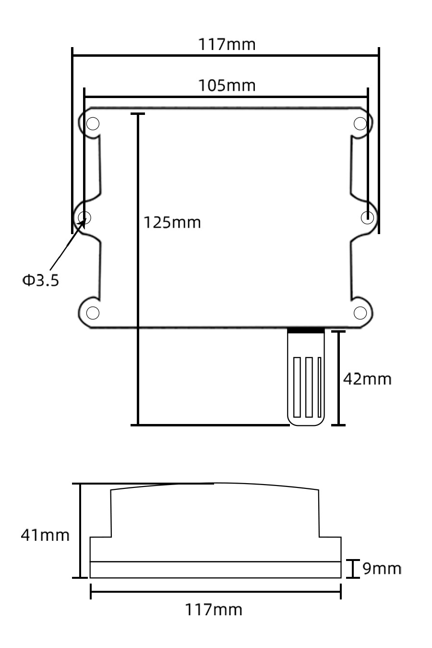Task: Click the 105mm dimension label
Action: point(227,86)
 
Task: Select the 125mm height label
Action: point(172,223)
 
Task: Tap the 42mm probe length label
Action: point(367,379)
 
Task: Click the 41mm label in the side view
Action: point(45,535)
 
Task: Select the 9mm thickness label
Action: point(381,569)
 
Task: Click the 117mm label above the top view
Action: point(227,45)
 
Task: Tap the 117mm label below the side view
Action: point(214,610)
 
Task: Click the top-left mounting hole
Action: point(92,124)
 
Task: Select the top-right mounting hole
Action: point(360,124)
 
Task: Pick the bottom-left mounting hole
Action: point(92,312)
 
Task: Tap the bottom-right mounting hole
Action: point(360,312)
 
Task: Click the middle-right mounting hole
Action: point(367,217)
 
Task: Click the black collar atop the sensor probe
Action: point(305,331)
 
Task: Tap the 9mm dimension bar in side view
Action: point(353,569)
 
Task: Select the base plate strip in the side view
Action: point(216,570)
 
